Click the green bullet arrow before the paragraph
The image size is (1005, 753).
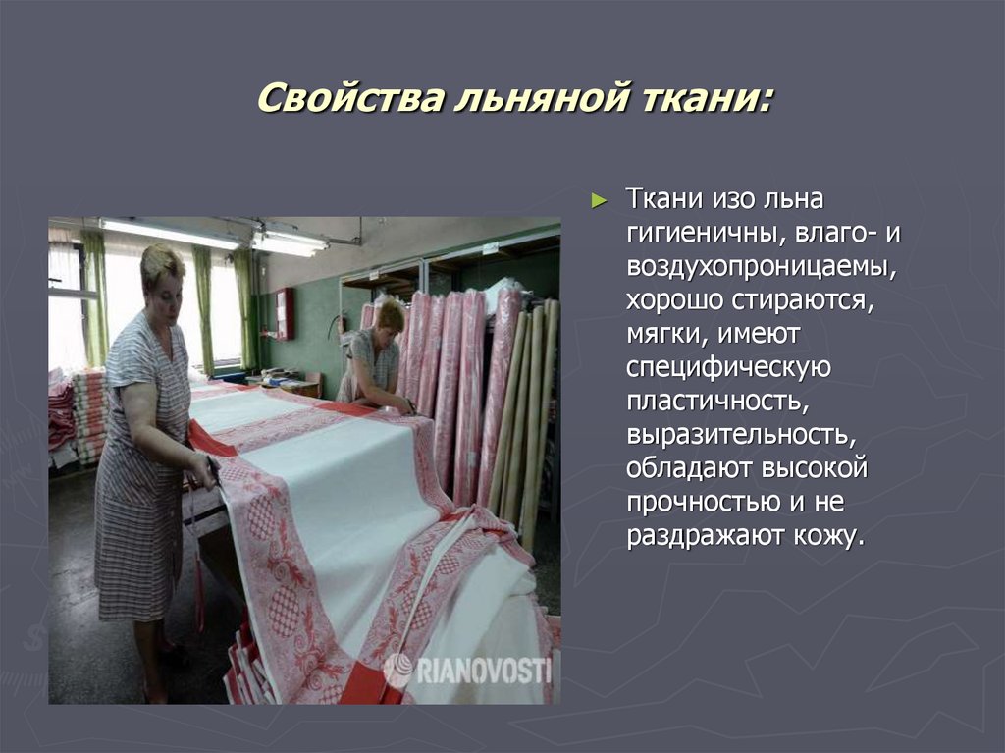coord(600,200)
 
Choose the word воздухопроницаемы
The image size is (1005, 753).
coord(763,268)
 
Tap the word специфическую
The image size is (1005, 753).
coord(728,369)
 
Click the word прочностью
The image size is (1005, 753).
coord(703,503)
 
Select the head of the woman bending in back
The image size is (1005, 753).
coord(390,316)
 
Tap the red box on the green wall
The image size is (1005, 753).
coord(285,313)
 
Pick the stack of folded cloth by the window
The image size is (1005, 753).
coord(88,412)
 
